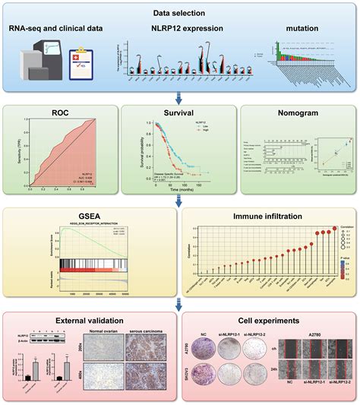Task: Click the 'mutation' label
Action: [302, 30]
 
